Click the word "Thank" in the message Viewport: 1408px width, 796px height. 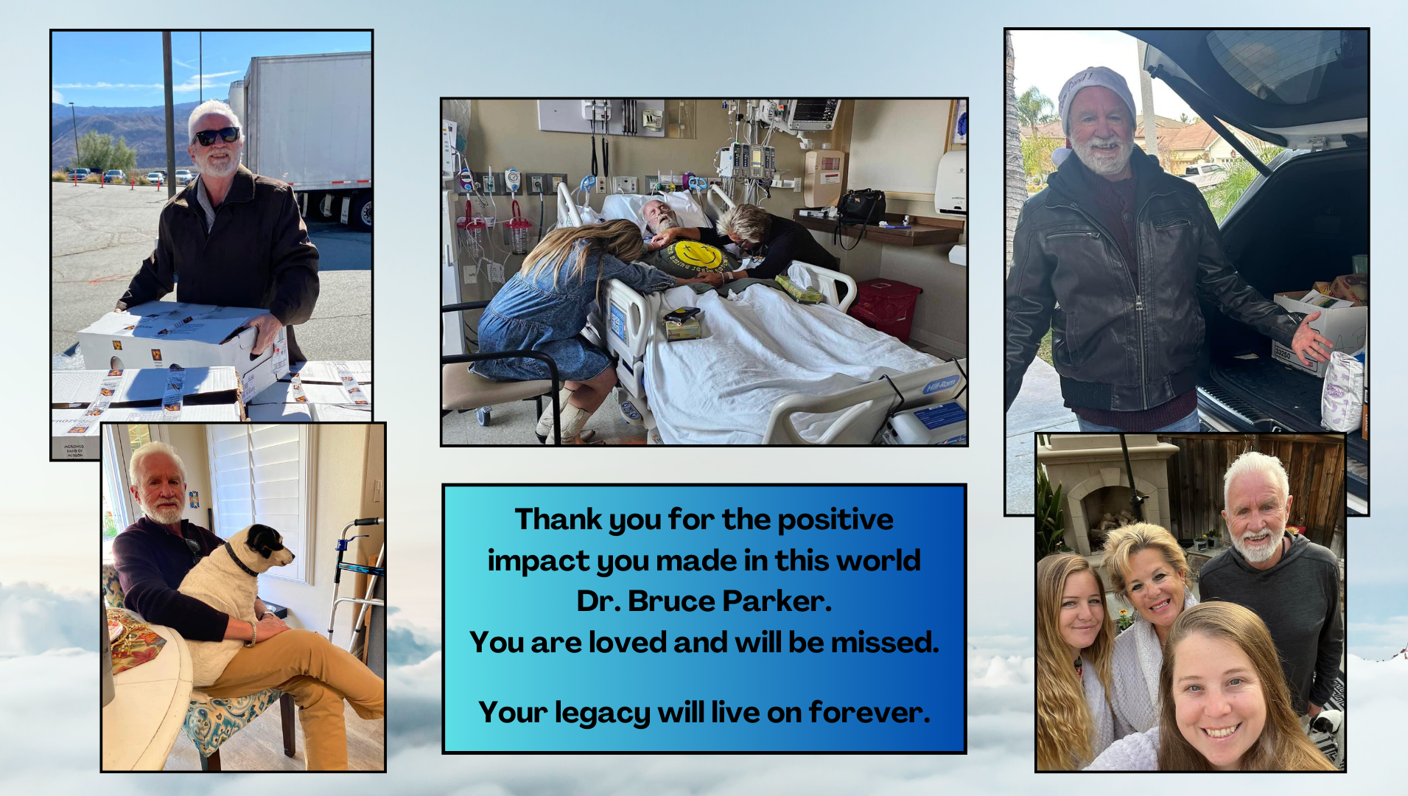558,520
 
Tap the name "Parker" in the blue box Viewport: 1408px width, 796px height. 777,601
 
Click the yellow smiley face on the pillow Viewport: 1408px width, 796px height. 696,255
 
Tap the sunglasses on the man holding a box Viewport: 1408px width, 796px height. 217,136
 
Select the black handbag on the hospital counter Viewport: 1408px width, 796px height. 861,206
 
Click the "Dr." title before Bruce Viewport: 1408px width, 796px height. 599,601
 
